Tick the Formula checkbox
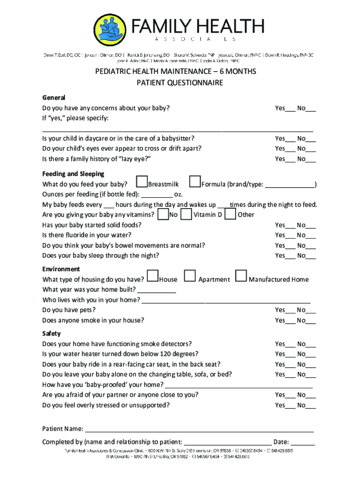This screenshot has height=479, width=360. point(195,181)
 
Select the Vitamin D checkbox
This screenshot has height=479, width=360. point(186,214)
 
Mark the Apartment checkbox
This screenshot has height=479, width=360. point(189,276)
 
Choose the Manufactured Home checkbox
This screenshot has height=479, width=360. point(241,276)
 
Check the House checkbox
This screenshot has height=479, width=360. point(152,276)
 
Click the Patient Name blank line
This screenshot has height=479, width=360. point(199,429)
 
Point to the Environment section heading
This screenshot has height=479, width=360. point(61,269)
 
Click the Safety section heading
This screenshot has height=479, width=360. point(51,334)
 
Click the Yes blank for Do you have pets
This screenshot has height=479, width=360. point(290,311)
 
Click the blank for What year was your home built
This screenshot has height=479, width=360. point(157,290)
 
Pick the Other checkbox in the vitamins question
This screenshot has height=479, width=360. point(230,214)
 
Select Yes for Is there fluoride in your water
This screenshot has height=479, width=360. point(290,236)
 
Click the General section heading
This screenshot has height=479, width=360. point(54,98)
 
